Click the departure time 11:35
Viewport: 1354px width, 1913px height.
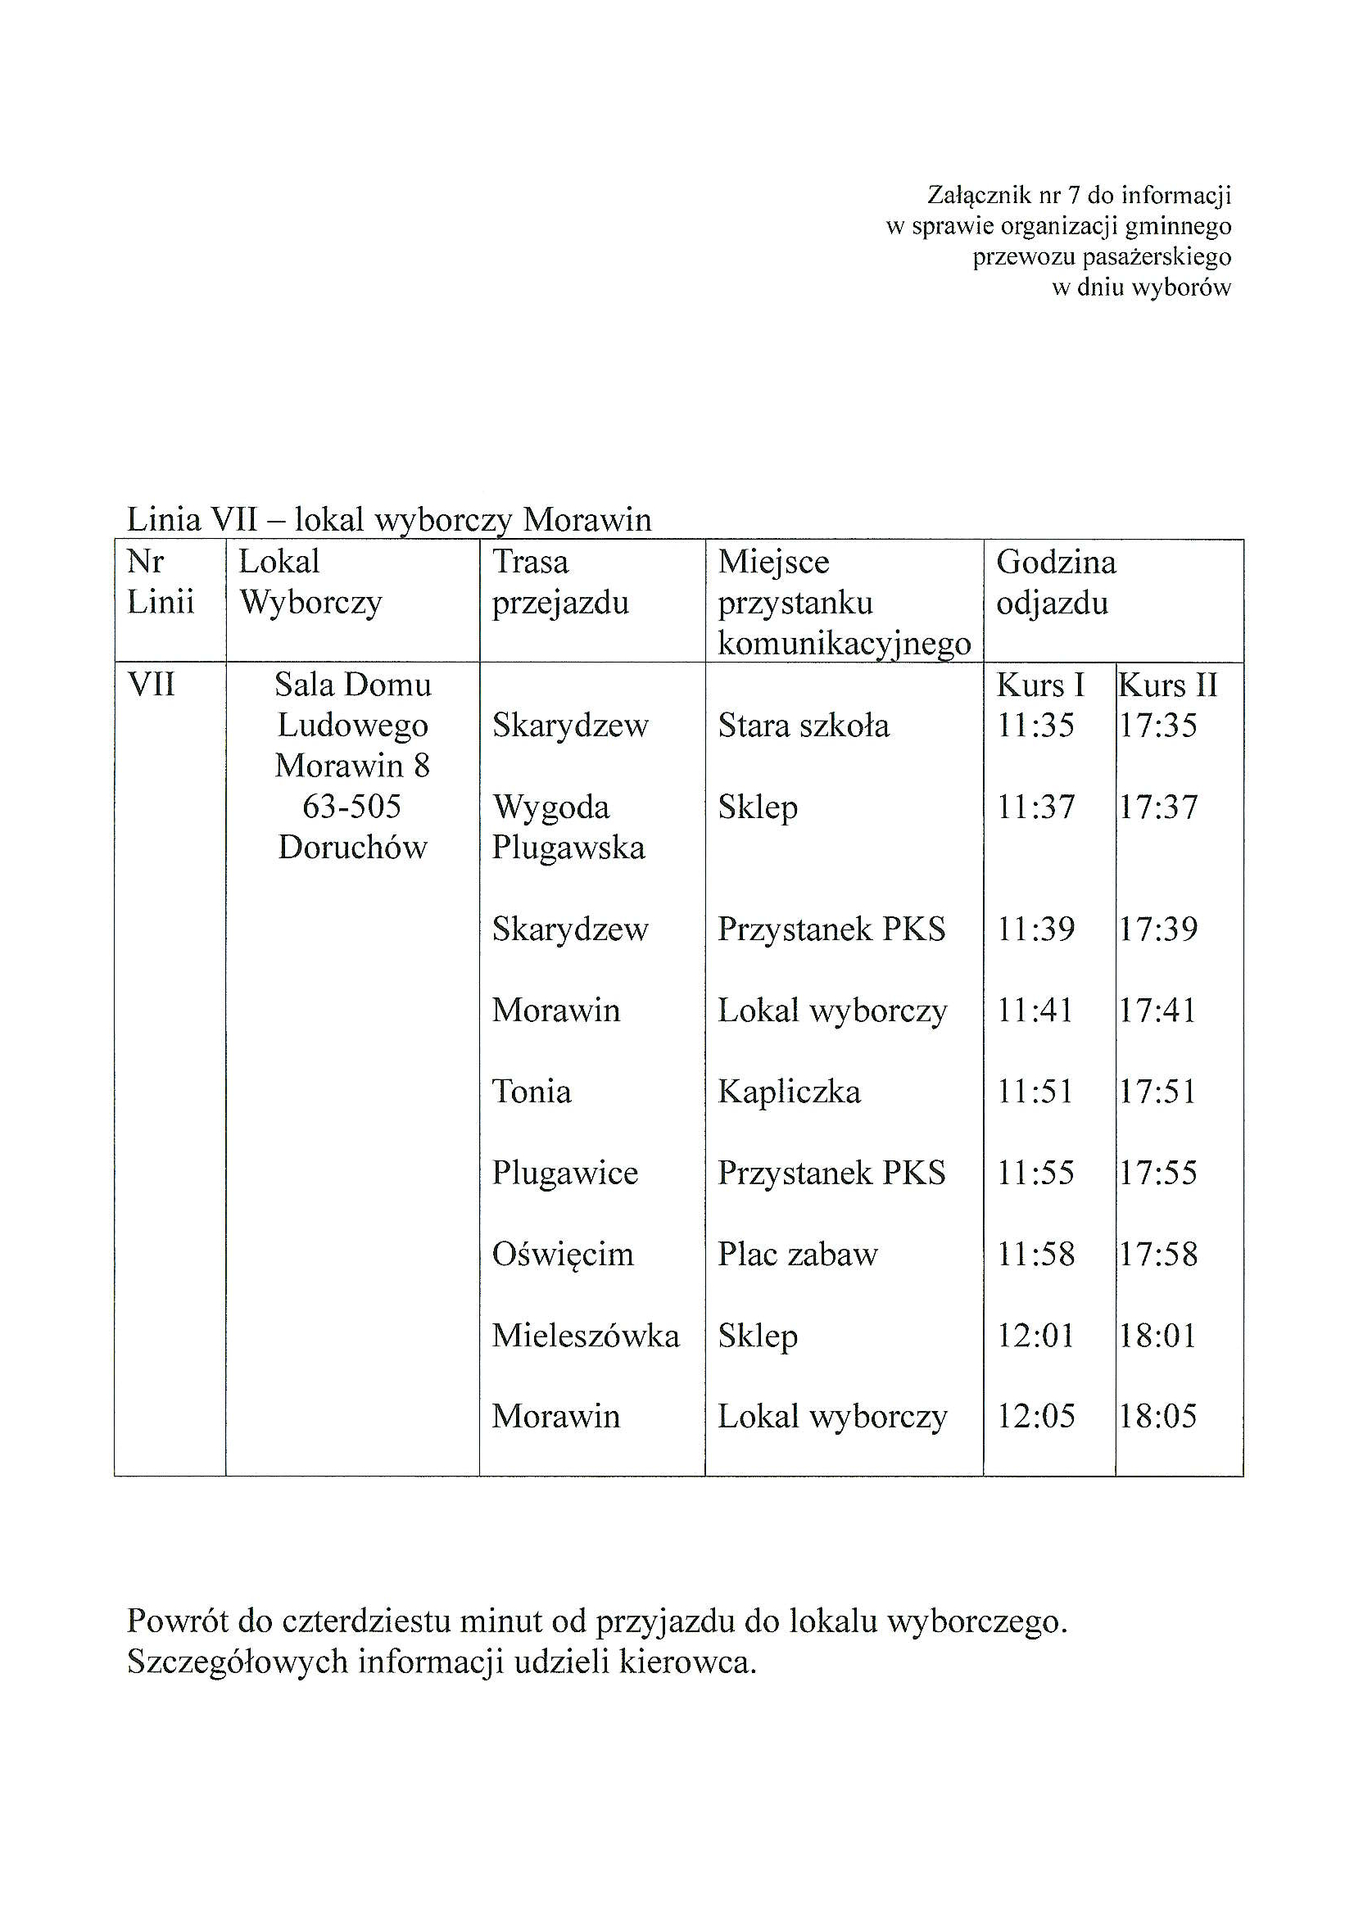coord(1035,726)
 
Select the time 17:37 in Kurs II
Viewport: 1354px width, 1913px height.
coord(1158,807)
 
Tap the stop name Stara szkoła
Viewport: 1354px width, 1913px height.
coord(803,726)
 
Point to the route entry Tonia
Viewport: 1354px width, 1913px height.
coord(531,1091)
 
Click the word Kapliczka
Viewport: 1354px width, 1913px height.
coord(789,1091)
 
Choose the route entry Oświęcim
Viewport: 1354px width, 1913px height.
coord(563,1255)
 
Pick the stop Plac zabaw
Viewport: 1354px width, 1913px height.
coord(797,1255)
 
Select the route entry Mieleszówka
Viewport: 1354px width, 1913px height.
coord(586,1336)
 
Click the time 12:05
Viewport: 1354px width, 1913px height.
coord(1035,1416)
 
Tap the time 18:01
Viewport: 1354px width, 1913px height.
coord(1157,1336)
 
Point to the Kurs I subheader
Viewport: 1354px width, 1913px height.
coord(1040,685)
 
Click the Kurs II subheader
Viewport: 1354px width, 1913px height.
coord(1168,685)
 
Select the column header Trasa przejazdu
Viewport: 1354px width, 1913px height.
coord(559,581)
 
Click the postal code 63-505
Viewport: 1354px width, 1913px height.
coord(352,806)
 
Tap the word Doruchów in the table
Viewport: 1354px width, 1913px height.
coord(353,847)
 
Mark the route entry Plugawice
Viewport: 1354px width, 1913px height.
coord(564,1173)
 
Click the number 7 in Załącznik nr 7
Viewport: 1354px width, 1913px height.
coord(1074,196)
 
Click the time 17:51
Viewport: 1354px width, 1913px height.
coord(1157,1091)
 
